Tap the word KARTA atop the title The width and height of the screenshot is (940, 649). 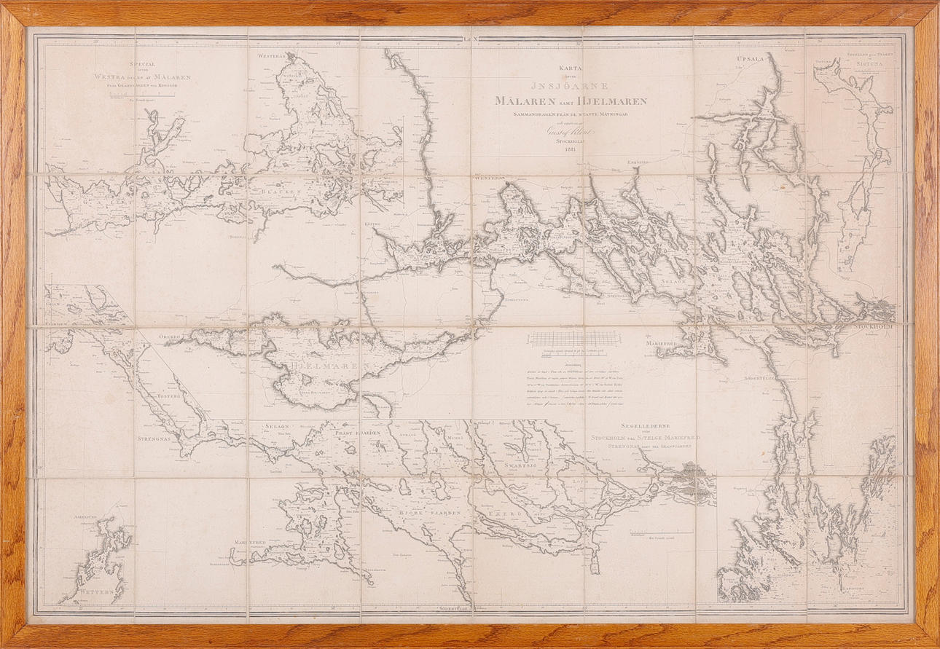click(572, 68)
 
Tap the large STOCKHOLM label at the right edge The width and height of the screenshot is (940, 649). click(873, 327)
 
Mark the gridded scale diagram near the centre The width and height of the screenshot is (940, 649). click(574, 339)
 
